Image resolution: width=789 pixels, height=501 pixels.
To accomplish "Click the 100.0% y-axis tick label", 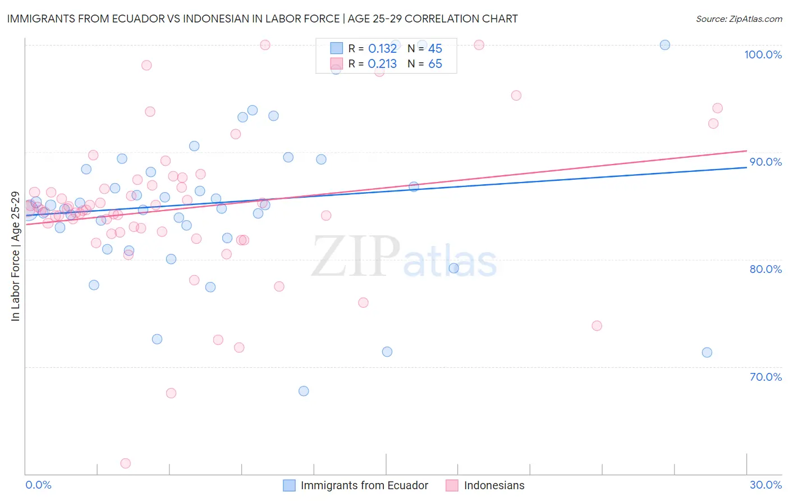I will [763, 54].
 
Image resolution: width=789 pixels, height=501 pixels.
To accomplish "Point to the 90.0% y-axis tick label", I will [765, 162].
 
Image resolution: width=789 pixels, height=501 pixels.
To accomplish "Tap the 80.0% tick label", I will [765, 269].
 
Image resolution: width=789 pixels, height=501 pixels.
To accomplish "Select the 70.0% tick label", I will [765, 377].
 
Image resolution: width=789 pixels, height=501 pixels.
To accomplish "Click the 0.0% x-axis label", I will [38, 485].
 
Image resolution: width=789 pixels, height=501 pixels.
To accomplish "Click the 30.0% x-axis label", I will [765, 485].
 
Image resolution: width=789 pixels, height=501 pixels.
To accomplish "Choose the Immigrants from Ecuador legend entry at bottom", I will [364, 485].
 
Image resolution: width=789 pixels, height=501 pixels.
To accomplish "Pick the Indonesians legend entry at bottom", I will [494, 485].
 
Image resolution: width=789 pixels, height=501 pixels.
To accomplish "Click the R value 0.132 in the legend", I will [382, 49].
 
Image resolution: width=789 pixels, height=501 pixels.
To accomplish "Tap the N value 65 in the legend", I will [435, 64].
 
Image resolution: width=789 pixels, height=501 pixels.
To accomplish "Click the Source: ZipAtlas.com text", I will [738, 19].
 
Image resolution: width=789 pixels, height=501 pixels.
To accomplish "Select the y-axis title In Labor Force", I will [15, 256].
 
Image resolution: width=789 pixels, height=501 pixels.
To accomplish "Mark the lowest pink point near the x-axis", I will [126, 463].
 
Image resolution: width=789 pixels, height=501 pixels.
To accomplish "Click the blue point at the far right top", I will [665, 45].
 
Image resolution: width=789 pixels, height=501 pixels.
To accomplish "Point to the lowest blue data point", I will [304, 391].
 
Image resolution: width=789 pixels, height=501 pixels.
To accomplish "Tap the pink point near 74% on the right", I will [597, 326].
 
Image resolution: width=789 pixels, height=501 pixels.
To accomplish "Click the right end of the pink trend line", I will [746, 151].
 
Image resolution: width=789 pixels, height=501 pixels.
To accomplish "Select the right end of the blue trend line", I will [746, 167].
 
